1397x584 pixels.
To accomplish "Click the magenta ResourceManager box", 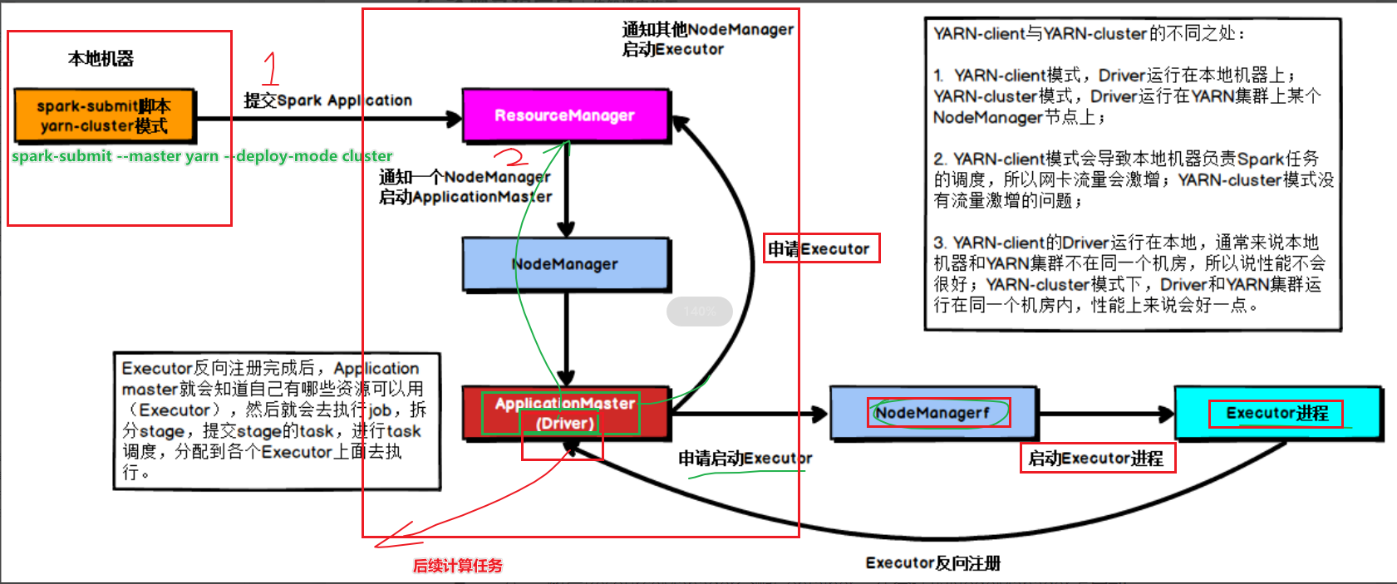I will (x=565, y=115).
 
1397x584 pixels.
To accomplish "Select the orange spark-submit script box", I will (x=105, y=116).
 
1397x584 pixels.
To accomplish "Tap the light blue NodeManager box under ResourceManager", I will (x=565, y=264).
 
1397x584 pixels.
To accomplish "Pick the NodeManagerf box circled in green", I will (x=932, y=413).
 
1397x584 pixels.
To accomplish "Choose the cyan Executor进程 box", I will (x=1276, y=413).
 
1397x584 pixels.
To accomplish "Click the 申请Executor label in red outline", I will (x=820, y=248).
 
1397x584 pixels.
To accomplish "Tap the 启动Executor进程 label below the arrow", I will (x=1096, y=459).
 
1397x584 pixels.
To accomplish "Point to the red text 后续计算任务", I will (x=458, y=566).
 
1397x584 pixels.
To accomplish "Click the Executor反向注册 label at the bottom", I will (x=932, y=563).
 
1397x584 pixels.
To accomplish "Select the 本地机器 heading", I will (x=101, y=59).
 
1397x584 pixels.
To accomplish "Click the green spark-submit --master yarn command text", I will (x=202, y=156).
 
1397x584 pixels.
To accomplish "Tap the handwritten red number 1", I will (x=270, y=68).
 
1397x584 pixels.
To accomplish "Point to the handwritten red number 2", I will (x=511, y=156).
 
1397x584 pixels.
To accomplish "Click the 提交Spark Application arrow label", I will (x=327, y=101).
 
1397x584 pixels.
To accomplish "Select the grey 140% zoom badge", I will (x=699, y=312).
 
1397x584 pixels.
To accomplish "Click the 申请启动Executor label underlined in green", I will (x=745, y=459).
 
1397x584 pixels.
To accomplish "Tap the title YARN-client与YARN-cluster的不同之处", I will (x=1089, y=34).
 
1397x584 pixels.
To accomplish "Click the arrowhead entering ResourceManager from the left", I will (x=455, y=119).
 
